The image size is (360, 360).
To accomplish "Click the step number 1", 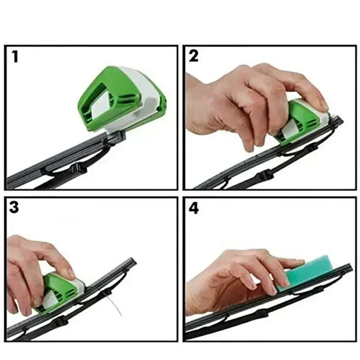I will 15,57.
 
